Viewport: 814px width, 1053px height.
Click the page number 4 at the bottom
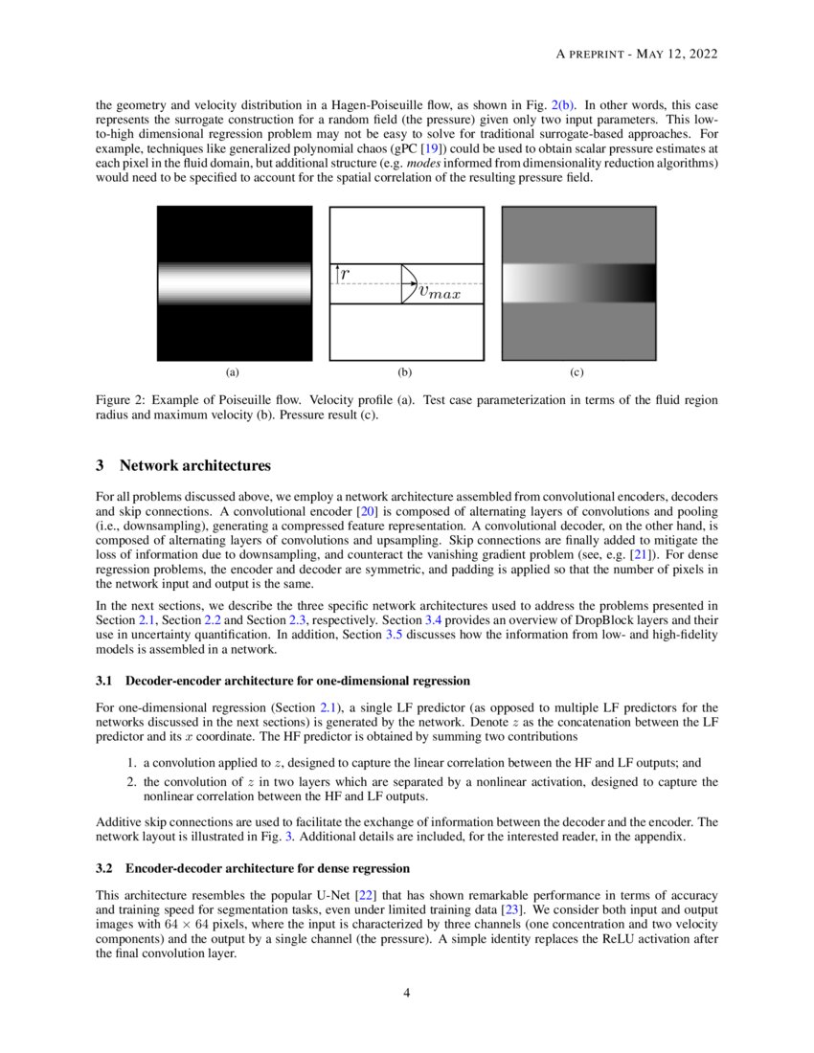point(407,993)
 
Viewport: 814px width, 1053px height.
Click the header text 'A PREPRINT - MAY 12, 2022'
point(637,55)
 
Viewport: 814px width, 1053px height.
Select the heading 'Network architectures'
point(195,466)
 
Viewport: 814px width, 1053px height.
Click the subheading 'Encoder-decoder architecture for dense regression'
point(267,868)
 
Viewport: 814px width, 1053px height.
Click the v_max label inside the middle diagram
point(440,292)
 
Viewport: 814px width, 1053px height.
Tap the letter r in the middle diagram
point(345,273)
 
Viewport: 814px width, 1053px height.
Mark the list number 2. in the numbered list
point(133,782)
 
